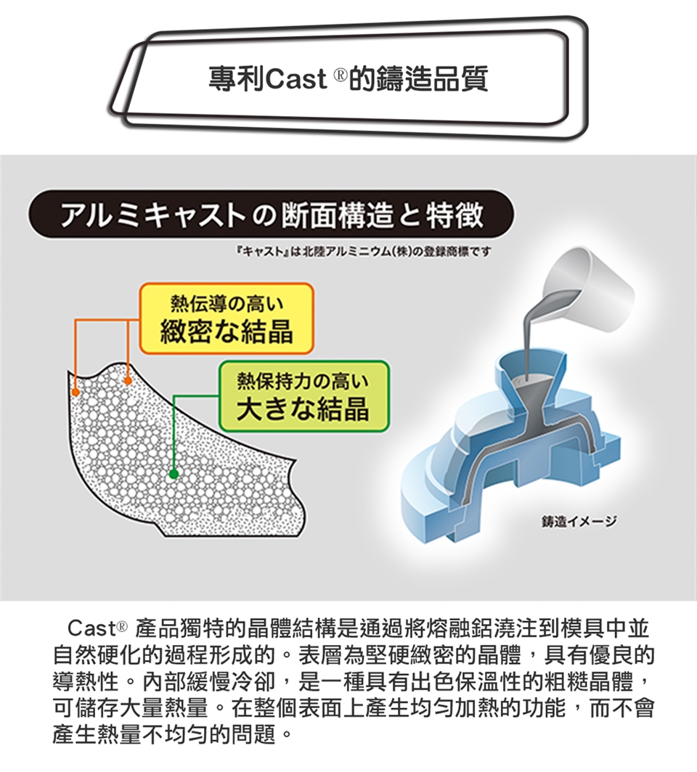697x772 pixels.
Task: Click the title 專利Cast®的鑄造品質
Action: pos(348,79)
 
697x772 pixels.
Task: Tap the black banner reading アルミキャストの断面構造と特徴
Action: pos(272,215)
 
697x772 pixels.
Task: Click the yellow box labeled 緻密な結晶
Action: pos(227,318)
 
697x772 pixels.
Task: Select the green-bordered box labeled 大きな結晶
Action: pos(303,396)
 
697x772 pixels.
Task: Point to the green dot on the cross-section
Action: pos(173,474)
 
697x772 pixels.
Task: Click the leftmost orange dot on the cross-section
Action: pos(75,392)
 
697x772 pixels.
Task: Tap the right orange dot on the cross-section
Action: pos(128,381)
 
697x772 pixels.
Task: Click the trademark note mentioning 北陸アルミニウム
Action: pos(364,252)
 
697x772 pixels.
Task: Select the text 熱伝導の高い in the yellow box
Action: pos(227,304)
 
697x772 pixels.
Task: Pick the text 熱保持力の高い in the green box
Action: pos(303,381)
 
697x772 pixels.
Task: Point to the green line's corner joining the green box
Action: pos(174,396)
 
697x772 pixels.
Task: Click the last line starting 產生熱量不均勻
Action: pos(172,734)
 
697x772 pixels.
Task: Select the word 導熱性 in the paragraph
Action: pos(86,682)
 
